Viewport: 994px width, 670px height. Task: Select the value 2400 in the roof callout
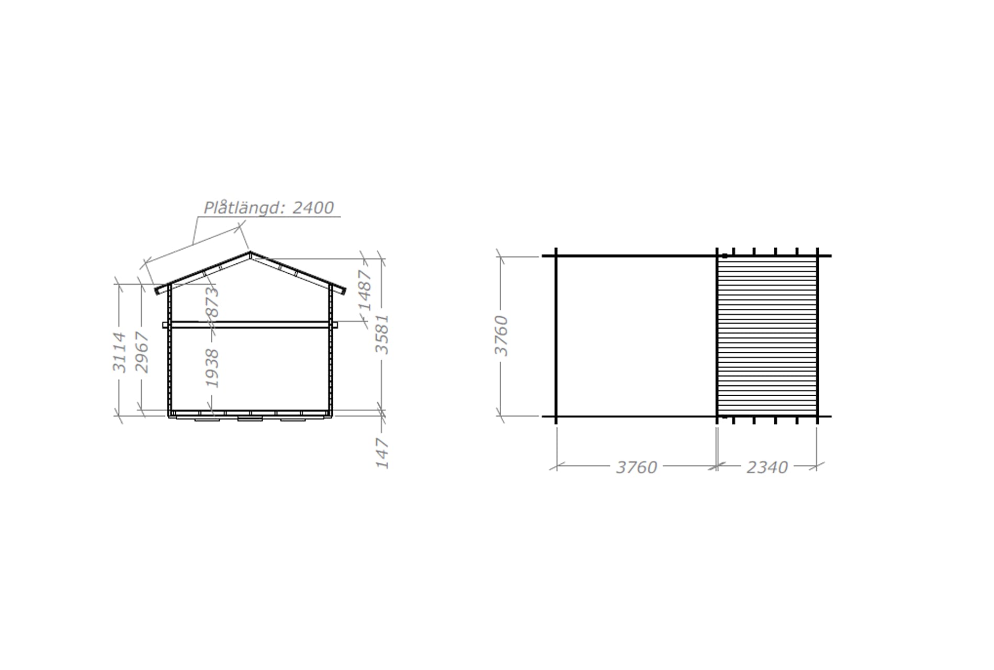point(313,208)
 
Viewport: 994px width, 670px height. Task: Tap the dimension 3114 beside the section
point(119,352)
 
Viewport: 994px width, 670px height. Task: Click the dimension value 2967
point(142,352)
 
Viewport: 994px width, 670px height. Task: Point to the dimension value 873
point(212,303)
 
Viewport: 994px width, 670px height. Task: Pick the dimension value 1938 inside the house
point(212,368)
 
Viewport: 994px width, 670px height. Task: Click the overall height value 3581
point(382,334)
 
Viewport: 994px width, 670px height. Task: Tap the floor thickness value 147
point(382,454)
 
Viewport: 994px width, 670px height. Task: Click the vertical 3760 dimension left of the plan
point(501,336)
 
